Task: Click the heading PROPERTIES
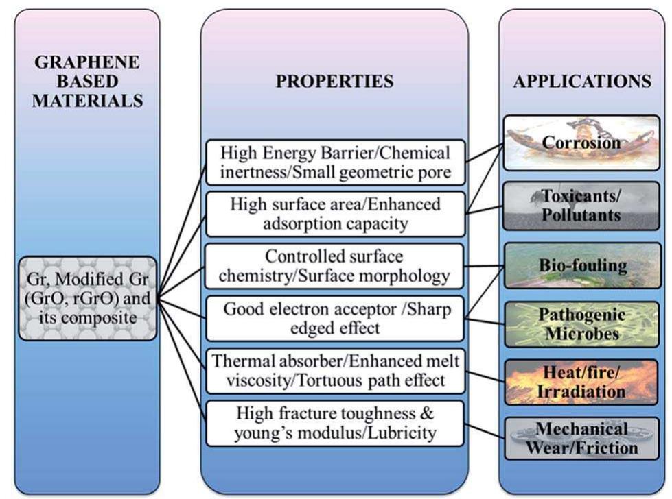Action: (334, 82)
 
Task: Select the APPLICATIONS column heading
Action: (582, 82)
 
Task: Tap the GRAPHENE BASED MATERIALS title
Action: (86, 82)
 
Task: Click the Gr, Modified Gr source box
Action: (86, 298)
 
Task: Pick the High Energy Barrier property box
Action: (335, 162)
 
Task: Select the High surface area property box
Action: (335, 214)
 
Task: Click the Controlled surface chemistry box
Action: (335, 266)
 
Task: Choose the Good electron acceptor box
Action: (335, 318)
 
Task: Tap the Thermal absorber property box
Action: (335, 370)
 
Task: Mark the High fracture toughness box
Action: (335, 423)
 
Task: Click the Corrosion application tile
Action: (581, 143)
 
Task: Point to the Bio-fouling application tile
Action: (581, 265)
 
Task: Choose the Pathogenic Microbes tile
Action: (581, 324)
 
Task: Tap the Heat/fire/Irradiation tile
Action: (581, 382)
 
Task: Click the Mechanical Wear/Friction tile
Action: (581, 439)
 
